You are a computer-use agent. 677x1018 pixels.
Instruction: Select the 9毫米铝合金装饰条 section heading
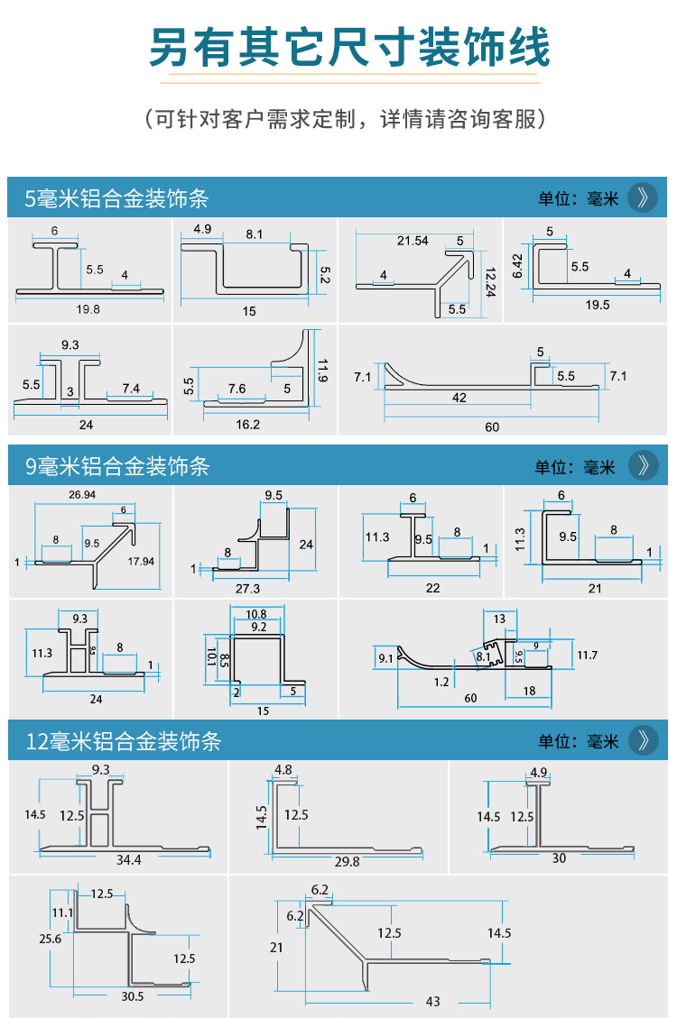(x=117, y=466)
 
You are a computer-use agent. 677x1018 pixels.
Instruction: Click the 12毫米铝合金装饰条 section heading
(x=124, y=742)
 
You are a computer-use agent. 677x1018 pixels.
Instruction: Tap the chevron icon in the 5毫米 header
(x=642, y=197)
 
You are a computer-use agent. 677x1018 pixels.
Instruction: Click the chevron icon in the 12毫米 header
(x=642, y=740)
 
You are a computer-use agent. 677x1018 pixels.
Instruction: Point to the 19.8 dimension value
(x=88, y=308)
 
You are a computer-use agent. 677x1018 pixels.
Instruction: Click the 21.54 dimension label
(x=413, y=241)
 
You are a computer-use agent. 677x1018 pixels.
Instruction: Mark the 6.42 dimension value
(x=517, y=265)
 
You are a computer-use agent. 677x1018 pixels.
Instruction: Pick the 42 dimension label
(x=459, y=398)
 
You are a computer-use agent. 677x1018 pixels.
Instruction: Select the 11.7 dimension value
(x=587, y=655)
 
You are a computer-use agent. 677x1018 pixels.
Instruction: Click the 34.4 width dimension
(x=128, y=860)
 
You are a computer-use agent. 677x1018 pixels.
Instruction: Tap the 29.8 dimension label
(x=347, y=862)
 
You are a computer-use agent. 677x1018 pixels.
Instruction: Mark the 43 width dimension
(x=432, y=1002)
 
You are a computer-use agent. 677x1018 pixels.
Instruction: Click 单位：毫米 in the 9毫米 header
(x=574, y=466)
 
